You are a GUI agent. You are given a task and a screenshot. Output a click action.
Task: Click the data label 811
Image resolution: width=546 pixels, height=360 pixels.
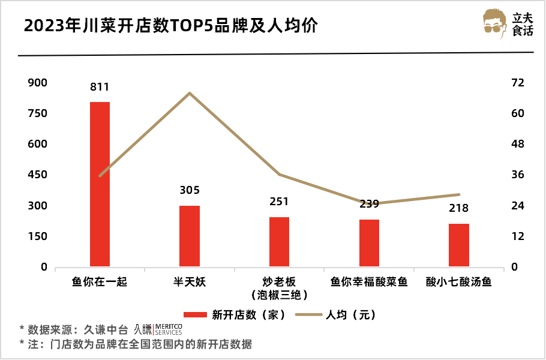(100, 87)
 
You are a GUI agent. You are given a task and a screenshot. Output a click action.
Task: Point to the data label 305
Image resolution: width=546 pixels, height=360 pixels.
(190, 191)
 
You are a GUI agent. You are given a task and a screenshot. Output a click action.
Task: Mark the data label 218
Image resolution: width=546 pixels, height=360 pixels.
(458, 209)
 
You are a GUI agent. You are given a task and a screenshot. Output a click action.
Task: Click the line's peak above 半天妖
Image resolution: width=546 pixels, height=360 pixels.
(190, 93)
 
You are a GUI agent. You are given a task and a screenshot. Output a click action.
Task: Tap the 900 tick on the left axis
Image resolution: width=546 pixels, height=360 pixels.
(37, 83)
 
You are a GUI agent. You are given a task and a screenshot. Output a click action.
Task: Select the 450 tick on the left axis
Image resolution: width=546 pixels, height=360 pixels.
(37, 175)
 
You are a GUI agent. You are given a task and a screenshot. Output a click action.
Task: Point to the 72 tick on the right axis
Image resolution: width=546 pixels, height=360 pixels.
(518, 83)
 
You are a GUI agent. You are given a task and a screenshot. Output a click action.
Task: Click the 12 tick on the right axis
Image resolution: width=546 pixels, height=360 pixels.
(518, 236)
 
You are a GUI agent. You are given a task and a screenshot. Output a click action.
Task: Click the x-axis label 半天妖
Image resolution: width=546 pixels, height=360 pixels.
(190, 281)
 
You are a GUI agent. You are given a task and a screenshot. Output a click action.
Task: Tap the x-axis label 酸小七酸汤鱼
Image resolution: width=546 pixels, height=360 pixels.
(458, 281)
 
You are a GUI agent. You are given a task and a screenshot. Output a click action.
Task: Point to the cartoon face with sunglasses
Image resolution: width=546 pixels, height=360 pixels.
(496, 25)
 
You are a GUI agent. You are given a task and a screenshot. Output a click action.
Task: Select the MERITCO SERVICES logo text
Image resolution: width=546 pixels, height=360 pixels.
(168, 329)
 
